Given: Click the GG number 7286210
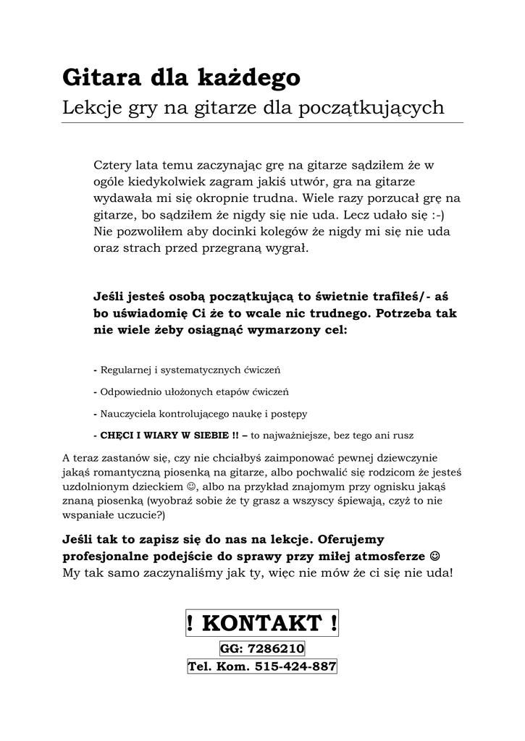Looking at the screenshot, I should click(x=276, y=648).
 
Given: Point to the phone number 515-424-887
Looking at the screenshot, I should click(x=295, y=666).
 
